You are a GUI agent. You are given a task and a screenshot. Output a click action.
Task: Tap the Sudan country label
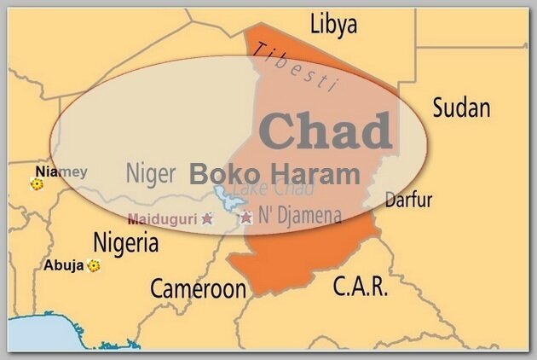(x=461, y=108)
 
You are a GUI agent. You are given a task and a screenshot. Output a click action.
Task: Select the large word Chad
(x=325, y=131)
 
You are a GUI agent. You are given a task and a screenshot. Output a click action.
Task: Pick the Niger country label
(x=151, y=173)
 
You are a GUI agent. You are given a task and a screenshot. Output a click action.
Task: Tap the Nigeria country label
(x=125, y=243)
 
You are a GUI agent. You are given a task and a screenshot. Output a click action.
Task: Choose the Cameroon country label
(x=198, y=289)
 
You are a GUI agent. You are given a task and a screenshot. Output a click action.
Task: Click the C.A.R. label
(x=360, y=286)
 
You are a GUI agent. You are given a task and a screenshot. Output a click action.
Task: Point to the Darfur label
(x=408, y=200)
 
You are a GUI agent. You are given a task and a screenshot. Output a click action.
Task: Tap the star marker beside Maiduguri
(x=207, y=218)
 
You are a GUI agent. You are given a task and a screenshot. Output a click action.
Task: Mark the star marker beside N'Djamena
(x=246, y=218)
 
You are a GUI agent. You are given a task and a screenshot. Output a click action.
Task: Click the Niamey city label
(x=61, y=171)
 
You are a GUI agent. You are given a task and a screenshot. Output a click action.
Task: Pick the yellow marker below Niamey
(x=37, y=183)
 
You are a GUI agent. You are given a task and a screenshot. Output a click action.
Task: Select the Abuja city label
(x=64, y=265)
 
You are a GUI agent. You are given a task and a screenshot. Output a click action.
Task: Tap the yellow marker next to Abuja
(x=93, y=266)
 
